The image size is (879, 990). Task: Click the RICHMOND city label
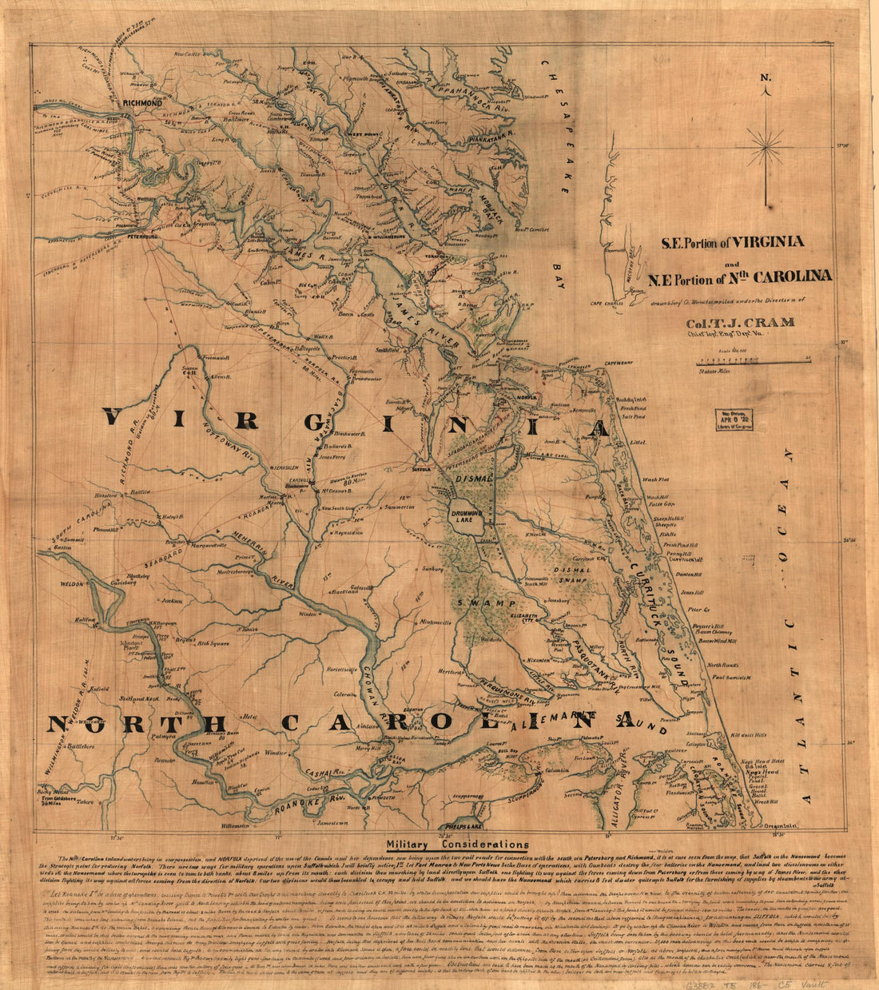coord(142,103)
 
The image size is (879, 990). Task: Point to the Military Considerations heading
coord(457,844)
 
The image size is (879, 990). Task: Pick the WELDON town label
coord(71,585)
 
